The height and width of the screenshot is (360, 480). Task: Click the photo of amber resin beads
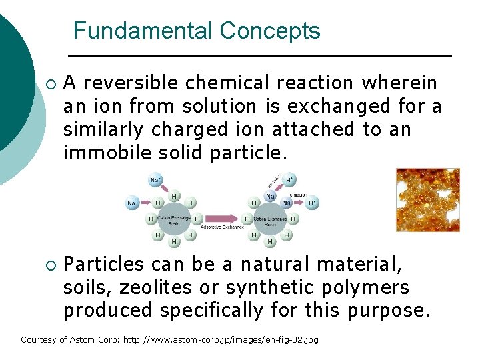pyautogui.click(x=427, y=199)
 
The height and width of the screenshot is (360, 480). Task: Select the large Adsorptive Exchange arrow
pyautogui.click(x=223, y=218)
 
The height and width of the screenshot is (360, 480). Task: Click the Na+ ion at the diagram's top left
pyautogui.click(x=155, y=180)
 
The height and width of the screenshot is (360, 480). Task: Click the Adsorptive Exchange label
pyautogui.click(x=223, y=227)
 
